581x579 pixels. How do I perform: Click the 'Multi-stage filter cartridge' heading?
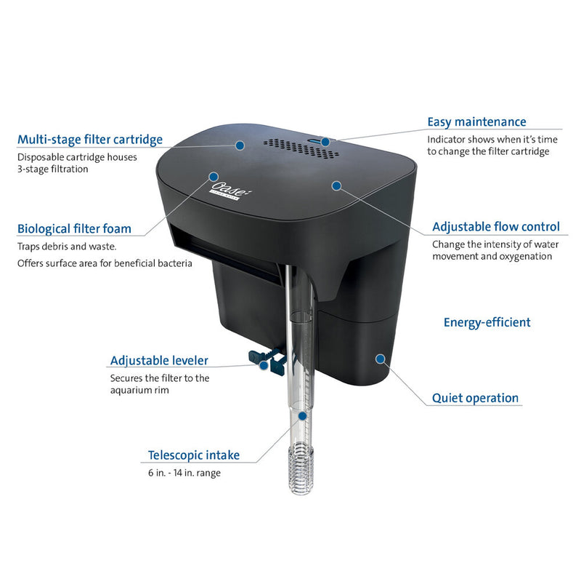(90, 140)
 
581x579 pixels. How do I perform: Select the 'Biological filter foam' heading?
(75, 228)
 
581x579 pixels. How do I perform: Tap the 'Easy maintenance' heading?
(476, 122)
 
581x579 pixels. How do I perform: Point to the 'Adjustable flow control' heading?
(496, 227)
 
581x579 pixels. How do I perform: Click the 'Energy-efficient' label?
(487, 322)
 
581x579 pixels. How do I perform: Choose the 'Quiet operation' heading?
(475, 398)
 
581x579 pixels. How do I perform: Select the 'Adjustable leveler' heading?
(159, 360)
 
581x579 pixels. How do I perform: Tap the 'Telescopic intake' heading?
(194, 455)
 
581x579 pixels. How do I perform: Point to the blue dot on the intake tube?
(302, 416)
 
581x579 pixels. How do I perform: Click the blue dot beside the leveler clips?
(264, 365)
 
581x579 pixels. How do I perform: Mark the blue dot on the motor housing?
(380, 359)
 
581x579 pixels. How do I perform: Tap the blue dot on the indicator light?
(325, 142)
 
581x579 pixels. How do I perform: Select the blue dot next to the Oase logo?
(214, 177)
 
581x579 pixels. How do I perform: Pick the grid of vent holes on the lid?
(301, 148)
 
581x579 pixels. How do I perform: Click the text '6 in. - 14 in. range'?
(184, 473)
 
